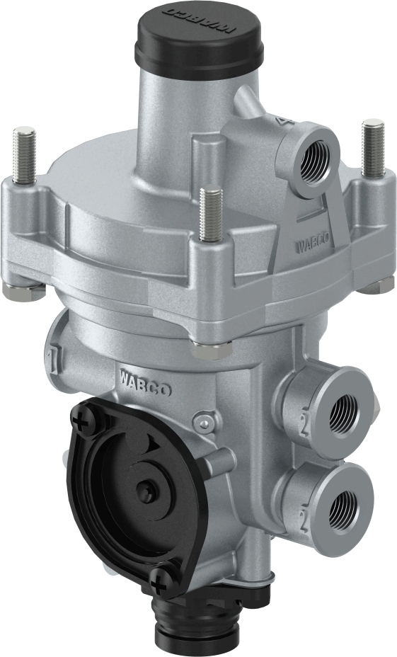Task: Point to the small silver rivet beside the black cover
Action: click(x=205, y=423)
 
